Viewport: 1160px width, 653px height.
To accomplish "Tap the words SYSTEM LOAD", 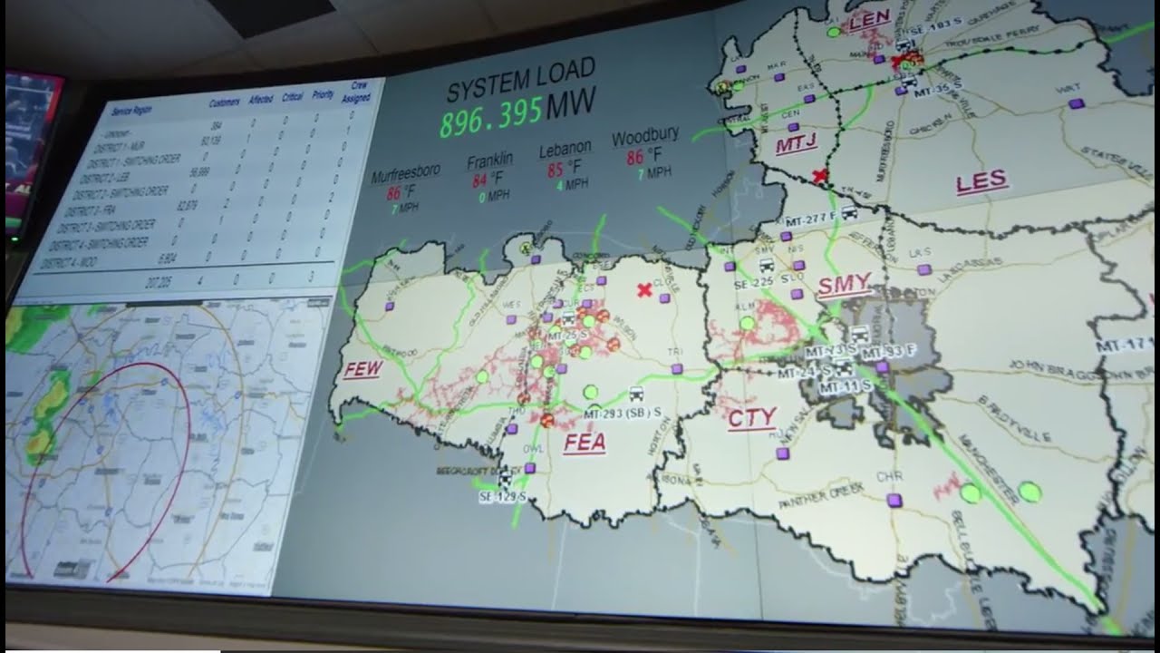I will (x=521, y=79).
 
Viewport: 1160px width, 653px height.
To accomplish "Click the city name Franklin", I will (x=490, y=161).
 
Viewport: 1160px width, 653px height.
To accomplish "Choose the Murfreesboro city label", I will (x=406, y=173).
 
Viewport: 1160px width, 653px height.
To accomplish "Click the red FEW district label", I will (x=362, y=370).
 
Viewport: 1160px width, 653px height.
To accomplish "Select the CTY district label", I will (x=751, y=418).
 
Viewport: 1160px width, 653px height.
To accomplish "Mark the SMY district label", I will (x=844, y=287).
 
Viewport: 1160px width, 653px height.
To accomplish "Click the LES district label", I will (x=981, y=181).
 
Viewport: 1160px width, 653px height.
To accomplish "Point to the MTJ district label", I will (x=796, y=145).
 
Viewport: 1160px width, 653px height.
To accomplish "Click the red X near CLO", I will (x=643, y=290).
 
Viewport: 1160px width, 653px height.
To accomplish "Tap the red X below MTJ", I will (x=821, y=176).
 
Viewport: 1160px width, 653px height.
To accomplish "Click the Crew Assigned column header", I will (x=354, y=91).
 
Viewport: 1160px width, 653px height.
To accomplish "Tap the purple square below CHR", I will (x=894, y=500).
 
